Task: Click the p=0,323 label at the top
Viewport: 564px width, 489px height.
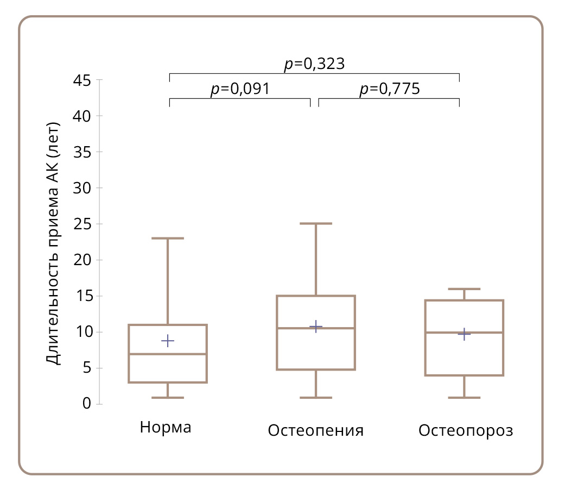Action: point(314,64)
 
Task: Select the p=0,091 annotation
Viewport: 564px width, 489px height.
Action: point(240,89)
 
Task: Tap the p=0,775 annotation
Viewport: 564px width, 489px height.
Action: point(389,89)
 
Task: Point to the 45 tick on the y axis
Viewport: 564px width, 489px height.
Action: point(81,80)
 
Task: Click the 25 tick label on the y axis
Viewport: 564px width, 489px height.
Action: point(81,224)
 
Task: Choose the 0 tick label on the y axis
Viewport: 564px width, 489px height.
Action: point(86,404)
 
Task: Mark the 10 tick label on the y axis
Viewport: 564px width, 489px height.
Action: point(81,332)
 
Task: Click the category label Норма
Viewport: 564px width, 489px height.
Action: point(166,427)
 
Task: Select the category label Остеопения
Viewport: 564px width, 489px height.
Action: point(315,431)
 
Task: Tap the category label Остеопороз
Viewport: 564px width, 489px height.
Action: point(466,431)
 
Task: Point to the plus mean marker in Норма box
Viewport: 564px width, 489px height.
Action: point(168,341)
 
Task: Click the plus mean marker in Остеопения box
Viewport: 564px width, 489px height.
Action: point(316,327)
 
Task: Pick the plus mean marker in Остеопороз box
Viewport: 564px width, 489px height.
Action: point(464,334)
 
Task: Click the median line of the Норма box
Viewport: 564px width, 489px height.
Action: point(168,354)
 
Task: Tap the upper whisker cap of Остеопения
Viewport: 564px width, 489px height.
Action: point(316,223)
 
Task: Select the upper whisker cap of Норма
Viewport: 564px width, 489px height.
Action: point(168,238)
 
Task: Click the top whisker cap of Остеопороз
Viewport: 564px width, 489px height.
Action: point(464,289)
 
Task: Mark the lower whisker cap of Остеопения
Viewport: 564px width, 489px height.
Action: point(316,398)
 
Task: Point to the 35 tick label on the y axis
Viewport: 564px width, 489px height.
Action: point(81,152)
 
